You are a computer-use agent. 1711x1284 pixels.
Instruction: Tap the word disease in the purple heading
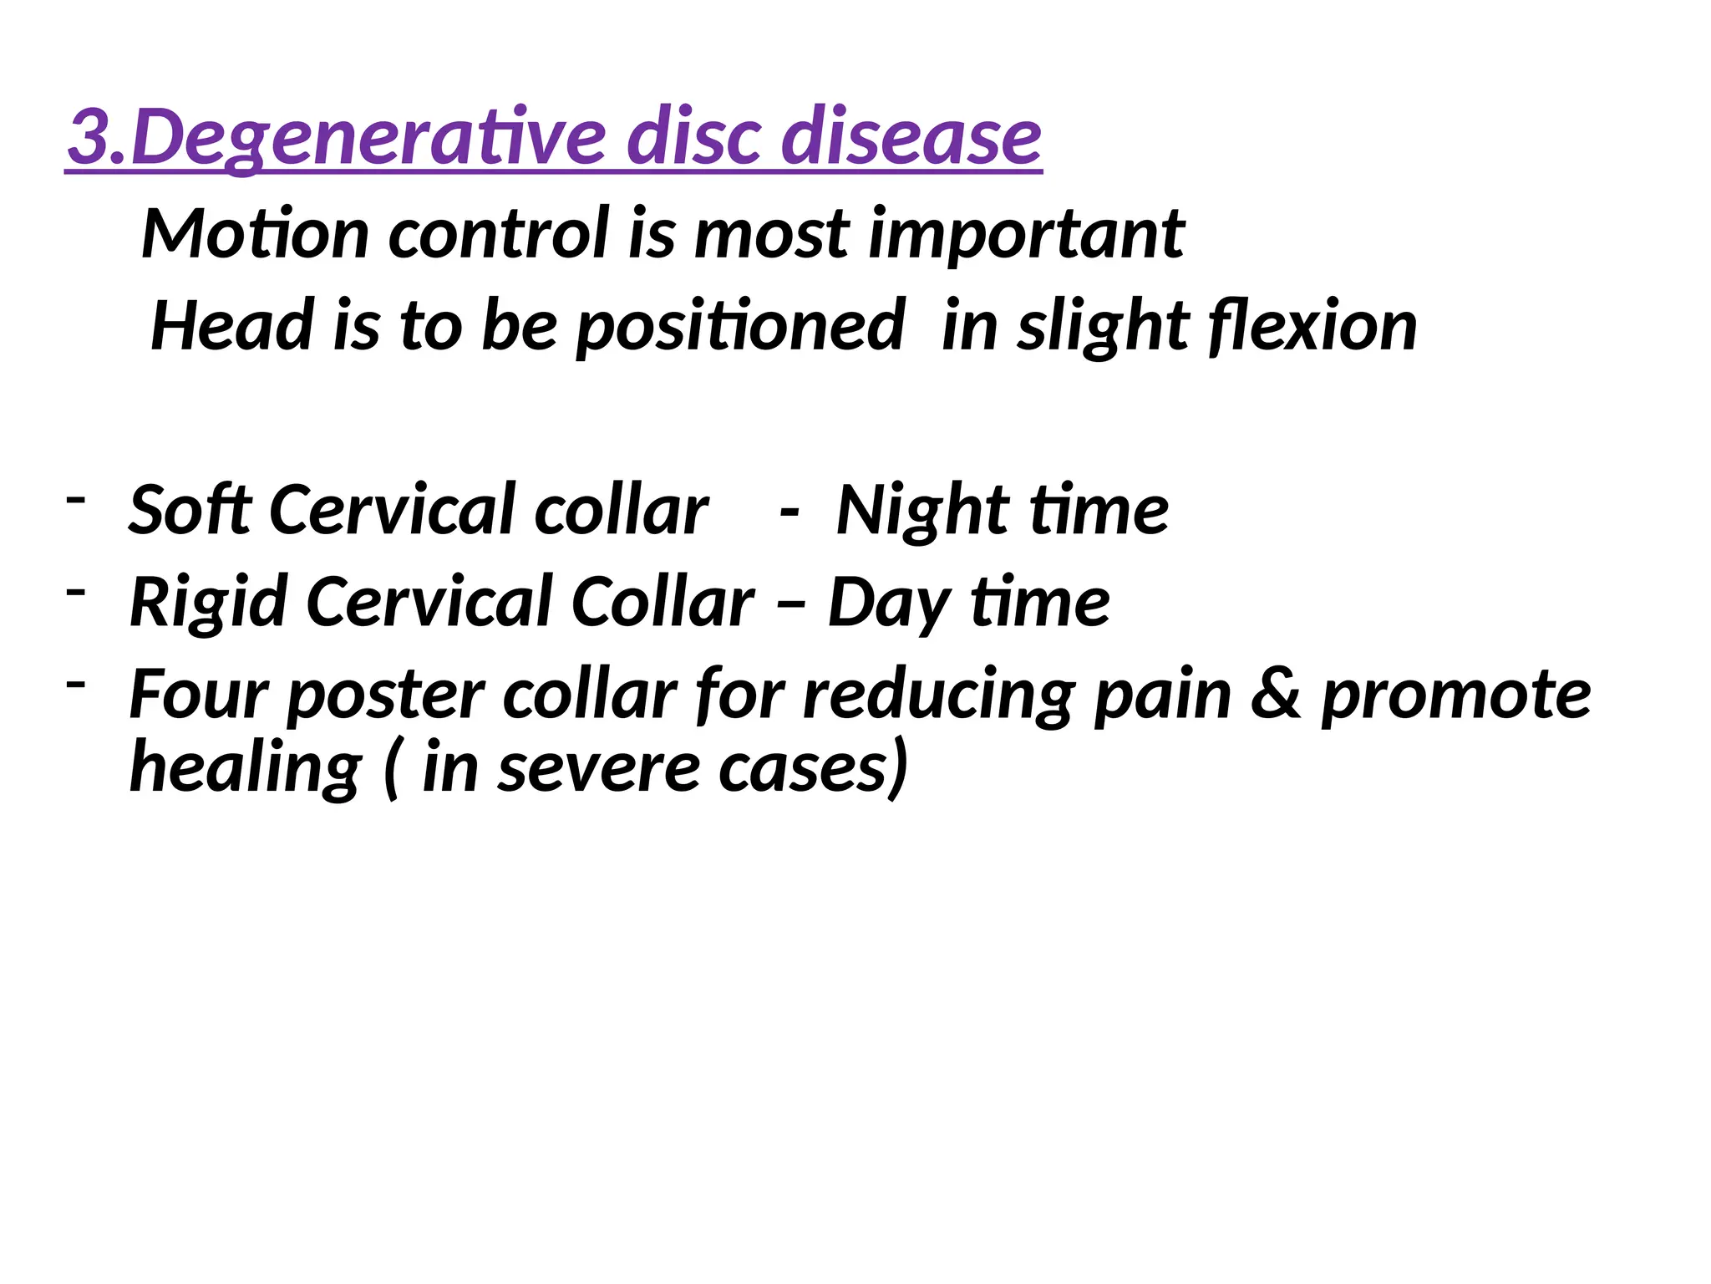click(x=911, y=136)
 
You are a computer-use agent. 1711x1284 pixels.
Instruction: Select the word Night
click(x=922, y=511)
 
